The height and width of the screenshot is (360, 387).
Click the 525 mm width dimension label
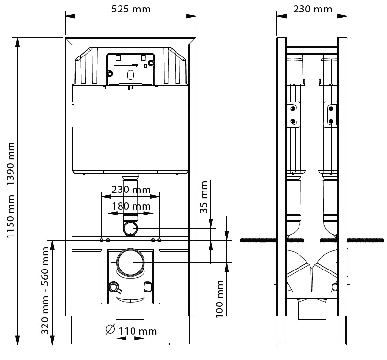pyautogui.click(x=131, y=9)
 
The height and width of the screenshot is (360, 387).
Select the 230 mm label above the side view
pyautogui.click(x=312, y=9)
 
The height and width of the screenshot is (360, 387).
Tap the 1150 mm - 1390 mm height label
pyautogui.click(x=11, y=190)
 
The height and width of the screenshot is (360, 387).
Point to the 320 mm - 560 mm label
pyautogui.click(x=45, y=291)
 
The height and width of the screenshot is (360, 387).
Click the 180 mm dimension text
pyautogui.click(x=131, y=206)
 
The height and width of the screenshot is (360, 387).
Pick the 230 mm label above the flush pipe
pyautogui.click(x=131, y=190)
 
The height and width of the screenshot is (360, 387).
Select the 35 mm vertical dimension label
pyautogui.click(x=204, y=197)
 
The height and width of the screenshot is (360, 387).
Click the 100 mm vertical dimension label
pyautogui.click(x=219, y=299)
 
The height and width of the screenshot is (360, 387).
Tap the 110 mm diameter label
pyautogui.click(x=138, y=331)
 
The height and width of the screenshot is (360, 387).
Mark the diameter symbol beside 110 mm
pyautogui.click(x=110, y=329)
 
